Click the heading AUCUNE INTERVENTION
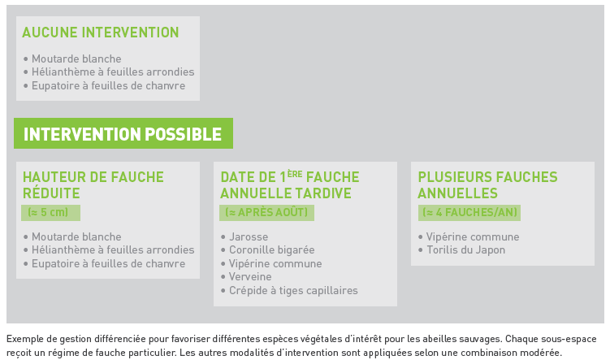coord(101,33)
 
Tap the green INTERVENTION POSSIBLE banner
coord(123,133)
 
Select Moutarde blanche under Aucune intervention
coord(76,59)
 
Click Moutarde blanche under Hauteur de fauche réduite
coord(76,236)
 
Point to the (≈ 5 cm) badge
coord(50,212)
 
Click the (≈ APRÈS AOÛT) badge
coord(266,212)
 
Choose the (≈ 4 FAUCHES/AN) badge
coord(469,212)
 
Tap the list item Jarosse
coord(249,236)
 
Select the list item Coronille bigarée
coord(271,249)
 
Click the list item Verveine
coord(250,277)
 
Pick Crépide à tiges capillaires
coord(293,290)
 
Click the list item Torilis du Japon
coord(465,249)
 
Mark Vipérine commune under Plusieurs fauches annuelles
coord(473,236)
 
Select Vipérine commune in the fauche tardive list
coord(275,263)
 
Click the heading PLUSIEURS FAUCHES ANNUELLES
coord(488,185)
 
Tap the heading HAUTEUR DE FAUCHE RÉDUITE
coord(93,185)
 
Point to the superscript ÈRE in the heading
coord(295,175)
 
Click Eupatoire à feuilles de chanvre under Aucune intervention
coord(109,85)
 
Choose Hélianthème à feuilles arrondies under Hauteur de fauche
coord(113,249)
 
